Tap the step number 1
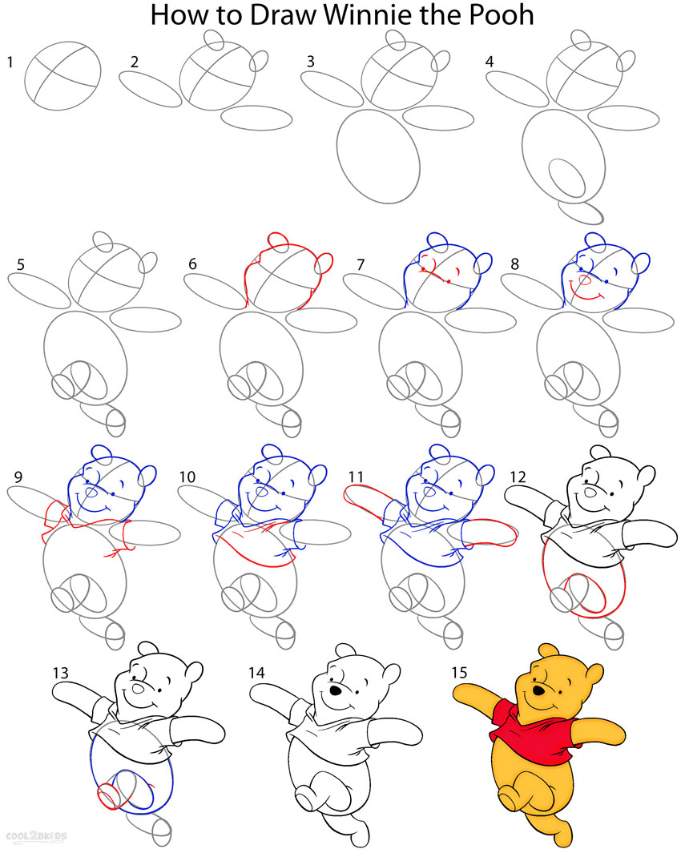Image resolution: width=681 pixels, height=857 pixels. coord(10,61)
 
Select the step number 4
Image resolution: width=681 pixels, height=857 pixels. coord(492,61)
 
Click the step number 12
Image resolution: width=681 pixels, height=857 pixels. coord(518,477)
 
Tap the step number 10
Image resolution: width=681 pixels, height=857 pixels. coord(187,477)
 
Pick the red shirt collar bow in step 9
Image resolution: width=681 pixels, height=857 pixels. coord(55,514)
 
